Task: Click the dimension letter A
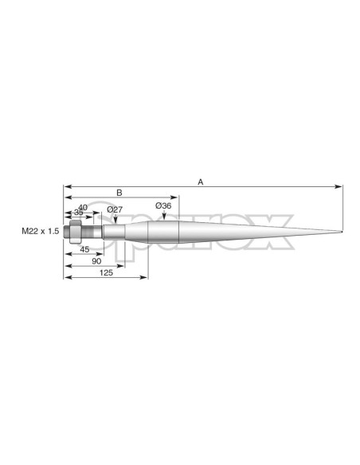click(x=201, y=182)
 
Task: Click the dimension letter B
click(x=119, y=193)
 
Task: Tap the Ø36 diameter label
click(x=163, y=205)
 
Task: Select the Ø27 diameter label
click(x=115, y=209)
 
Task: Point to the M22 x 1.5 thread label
click(x=41, y=231)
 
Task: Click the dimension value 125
click(x=106, y=272)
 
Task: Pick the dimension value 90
click(x=96, y=261)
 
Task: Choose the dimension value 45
click(x=84, y=250)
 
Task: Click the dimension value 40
click(x=83, y=207)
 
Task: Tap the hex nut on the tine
click(x=76, y=232)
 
